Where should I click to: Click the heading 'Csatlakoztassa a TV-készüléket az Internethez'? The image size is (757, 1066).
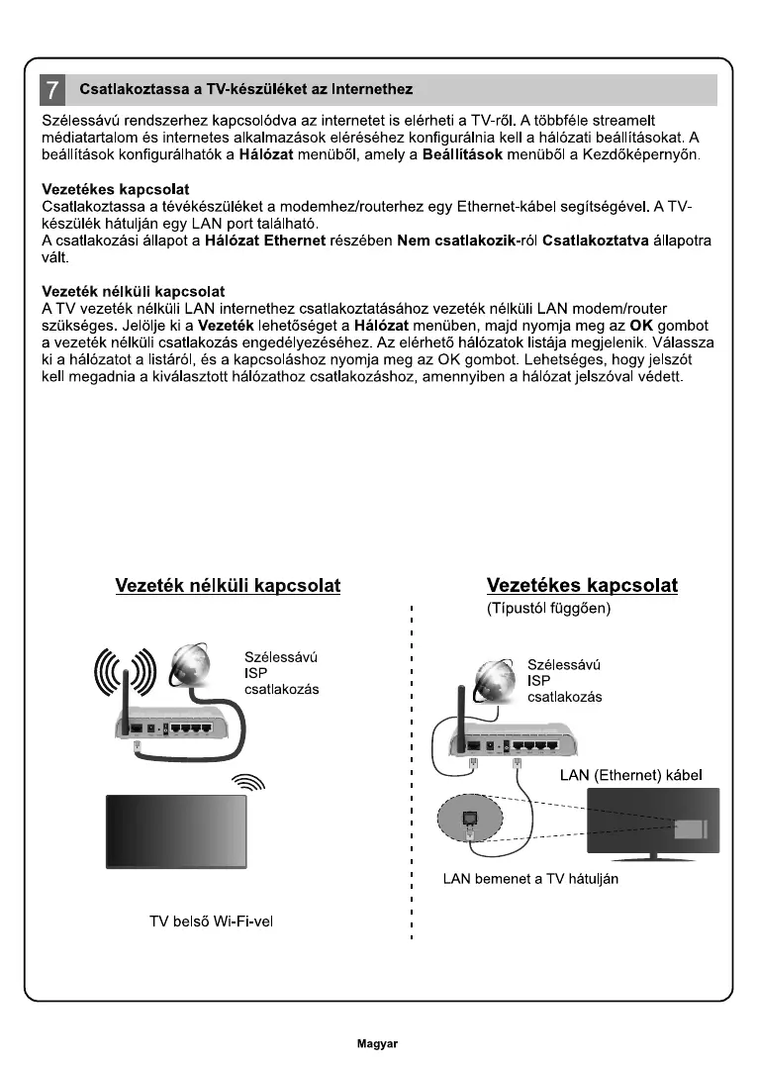(x=245, y=90)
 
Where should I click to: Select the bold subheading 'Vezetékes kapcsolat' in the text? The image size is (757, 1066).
(x=116, y=189)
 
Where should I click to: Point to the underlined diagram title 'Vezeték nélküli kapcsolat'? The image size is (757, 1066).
(x=228, y=586)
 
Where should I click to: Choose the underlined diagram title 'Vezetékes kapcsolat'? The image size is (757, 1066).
(x=583, y=586)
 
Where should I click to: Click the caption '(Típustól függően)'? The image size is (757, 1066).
(x=549, y=609)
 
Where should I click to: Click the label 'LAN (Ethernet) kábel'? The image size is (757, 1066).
(x=631, y=775)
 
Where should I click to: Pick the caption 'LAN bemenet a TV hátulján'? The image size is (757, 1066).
(x=530, y=880)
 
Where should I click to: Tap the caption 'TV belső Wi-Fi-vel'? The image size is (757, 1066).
(x=211, y=921)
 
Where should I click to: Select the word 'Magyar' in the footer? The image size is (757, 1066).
(x=377, y=1043)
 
